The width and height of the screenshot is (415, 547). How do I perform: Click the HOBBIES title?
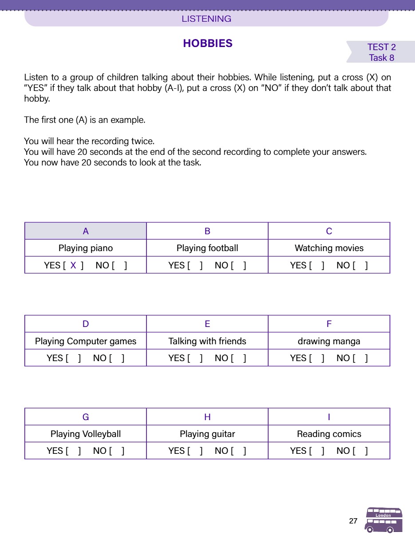click(207, 43)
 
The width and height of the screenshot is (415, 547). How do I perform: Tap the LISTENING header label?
click(206, 19)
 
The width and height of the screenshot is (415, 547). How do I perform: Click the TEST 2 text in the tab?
click(381, 47)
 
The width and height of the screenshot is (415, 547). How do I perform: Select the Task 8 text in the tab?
click(381, 58)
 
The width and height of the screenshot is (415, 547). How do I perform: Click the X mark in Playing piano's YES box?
click(73, 265)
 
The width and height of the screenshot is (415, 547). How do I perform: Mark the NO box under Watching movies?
click(360, 265)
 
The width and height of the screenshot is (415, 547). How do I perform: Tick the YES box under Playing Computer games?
click(73, 358)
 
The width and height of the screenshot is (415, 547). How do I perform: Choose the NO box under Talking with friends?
click(238, 358)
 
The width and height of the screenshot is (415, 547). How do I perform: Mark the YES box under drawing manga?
click(317, 358)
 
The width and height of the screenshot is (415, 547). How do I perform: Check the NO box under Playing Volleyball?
click(117, 451)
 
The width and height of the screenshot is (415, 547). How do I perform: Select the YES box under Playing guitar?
click(195, 451)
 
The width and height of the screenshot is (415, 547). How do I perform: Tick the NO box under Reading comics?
click(360, 451)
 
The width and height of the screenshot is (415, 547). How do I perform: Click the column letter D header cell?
click(86, 324)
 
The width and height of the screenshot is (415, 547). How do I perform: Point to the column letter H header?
click(207, 417)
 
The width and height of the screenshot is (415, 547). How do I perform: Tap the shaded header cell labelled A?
click(86, 231)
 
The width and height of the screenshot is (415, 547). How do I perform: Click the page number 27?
click(353, 521)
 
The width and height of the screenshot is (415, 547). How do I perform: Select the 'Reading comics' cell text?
click(329, 434)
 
